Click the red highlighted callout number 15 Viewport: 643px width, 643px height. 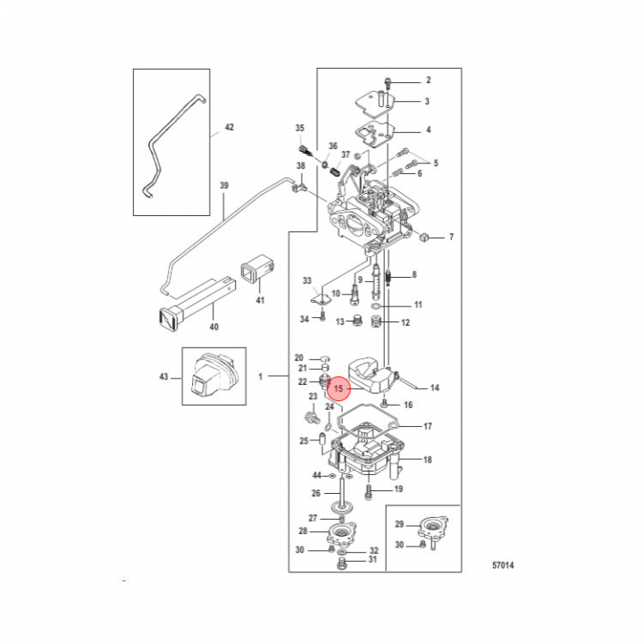338,388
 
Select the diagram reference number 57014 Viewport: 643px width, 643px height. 503,565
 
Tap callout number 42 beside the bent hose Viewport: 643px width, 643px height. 230,127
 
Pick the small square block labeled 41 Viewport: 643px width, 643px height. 257,271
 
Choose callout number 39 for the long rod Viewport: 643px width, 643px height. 224,186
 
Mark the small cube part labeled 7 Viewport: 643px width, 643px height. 424,237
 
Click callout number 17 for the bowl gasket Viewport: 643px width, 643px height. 428,427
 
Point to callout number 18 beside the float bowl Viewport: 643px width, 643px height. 428,460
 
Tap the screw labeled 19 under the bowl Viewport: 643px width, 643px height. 369,491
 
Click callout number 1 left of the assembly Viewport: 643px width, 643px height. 260,376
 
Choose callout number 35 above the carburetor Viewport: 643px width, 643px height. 300,128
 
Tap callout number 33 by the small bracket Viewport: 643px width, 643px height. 307,280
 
